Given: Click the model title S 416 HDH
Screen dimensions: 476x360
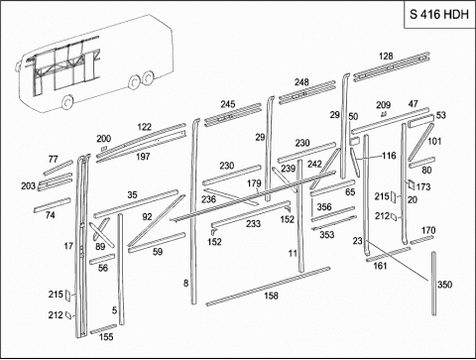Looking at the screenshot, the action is [439, 14].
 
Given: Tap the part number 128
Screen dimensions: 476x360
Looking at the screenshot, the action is [386, 56].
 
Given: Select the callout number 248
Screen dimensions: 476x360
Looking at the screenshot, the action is [301, 82].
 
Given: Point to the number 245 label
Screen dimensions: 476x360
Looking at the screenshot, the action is [228, 104].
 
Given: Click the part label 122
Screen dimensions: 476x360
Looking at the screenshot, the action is [144, 127].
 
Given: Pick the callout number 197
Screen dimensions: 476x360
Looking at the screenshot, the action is [143, 157].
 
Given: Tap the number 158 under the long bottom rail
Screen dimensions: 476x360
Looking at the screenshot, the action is [271, 296].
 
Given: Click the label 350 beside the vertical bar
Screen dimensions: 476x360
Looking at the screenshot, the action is [444, 285].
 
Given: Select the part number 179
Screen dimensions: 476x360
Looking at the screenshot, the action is [254, 183].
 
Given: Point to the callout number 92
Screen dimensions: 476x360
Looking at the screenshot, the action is [147, 217].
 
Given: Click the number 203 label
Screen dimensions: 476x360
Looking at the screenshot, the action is [29, 186].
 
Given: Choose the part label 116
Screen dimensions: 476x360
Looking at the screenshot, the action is [389, 156].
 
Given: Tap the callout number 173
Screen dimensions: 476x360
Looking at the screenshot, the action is [423, 186].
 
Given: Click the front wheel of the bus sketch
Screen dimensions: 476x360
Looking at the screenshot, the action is [67, 102].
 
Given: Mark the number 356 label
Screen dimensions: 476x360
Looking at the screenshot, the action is [324, 207].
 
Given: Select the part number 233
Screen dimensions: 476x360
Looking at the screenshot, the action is [253, 224].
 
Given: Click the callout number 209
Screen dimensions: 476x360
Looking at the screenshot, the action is [383, 105].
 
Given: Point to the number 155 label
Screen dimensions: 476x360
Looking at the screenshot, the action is [106, 337].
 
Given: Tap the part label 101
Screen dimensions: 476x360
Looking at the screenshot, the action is [434, 141].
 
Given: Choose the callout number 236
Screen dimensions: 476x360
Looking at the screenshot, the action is [208, 199].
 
